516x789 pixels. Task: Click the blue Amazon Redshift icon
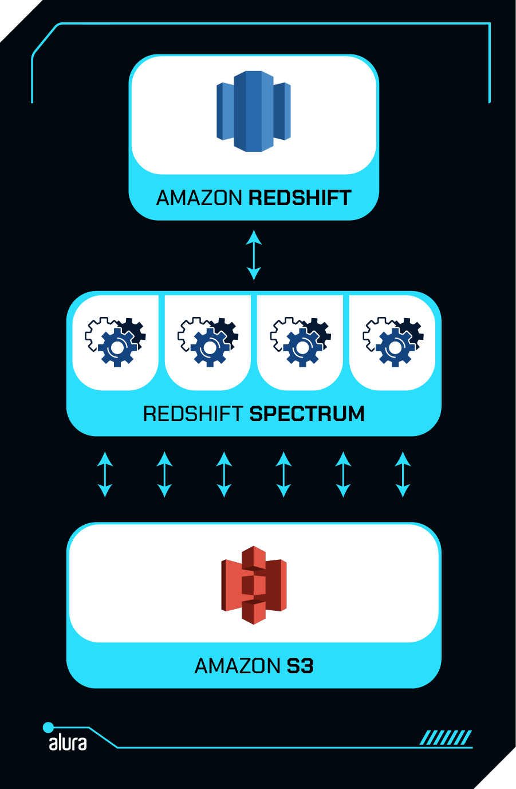(x=254, y=111)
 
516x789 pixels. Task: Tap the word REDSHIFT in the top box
(x=300, y=198)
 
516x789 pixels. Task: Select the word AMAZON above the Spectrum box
(x=199, y=198)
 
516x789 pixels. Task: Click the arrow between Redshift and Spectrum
(x=254, y=255)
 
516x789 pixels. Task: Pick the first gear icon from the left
(x=116, y=342)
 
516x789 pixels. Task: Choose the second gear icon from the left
(x=208, y=342)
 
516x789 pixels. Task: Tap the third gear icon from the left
(x=301, y=342)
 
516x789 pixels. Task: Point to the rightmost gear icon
(x=393, y=342)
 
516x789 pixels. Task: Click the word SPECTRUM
(x=307, y=414)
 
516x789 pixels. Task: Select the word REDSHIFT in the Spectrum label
(x=194, y=414)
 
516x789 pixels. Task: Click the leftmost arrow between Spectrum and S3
(x=105, y=474)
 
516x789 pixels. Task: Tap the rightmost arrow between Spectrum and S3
(x=403, y=474)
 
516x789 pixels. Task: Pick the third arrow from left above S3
(x=224, y=474)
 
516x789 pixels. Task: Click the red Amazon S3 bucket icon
(x=254, y=585)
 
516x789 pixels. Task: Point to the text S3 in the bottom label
(x=300, y=666)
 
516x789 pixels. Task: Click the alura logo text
(x=68, y=743)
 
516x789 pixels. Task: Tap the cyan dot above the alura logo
(x=49, y=728)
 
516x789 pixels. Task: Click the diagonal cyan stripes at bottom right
(x=446, y=737)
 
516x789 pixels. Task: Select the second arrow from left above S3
(x=164, y=474)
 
